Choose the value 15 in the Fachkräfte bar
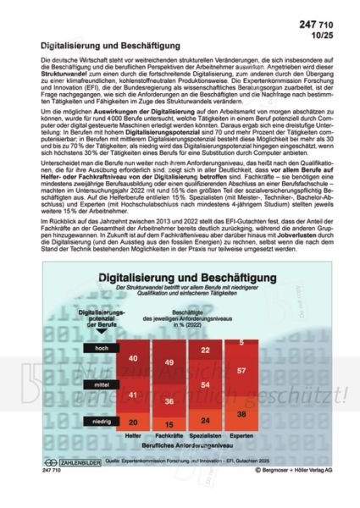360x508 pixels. pyautogui.click(x=169, y=424)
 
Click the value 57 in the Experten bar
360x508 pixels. pyautogui.click(x=241, y=371)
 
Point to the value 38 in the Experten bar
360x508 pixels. pyautogui.click(x=241, y=414)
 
